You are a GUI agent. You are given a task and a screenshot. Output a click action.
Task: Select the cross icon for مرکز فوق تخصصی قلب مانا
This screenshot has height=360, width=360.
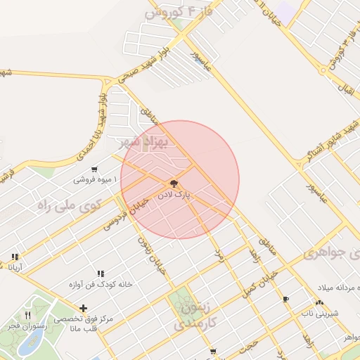pos(84,307)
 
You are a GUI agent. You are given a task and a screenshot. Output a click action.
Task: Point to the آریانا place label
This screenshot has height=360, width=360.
pos(15,268)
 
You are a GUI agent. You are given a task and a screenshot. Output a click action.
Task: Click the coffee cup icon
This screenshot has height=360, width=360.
pos(285,300)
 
